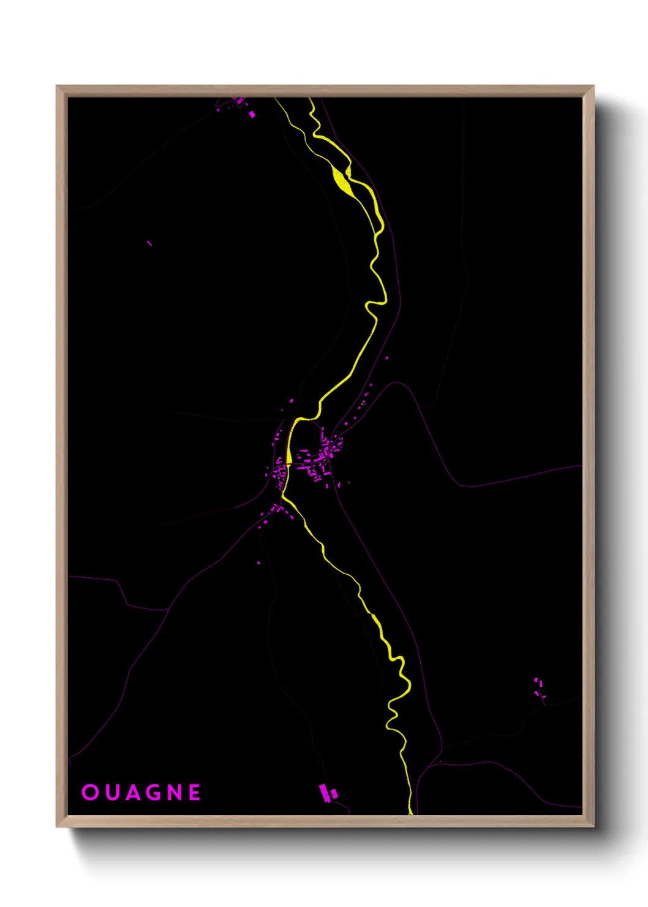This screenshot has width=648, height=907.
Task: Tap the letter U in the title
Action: point(111,792)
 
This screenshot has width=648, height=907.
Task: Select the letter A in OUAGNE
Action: point(134,792)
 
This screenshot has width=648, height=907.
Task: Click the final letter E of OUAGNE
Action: point(195,792)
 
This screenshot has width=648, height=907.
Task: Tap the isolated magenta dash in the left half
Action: point(149,243)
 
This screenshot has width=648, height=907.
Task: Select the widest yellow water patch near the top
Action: point(341,179)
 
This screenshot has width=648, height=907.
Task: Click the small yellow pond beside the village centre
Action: point(288,457)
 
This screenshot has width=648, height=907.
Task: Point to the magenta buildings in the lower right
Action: point(538,688)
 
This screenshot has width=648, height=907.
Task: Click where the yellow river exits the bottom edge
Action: point(410,811)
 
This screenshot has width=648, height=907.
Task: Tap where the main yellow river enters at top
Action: point(311,101)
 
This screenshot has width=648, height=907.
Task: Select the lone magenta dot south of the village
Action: point(258,563)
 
